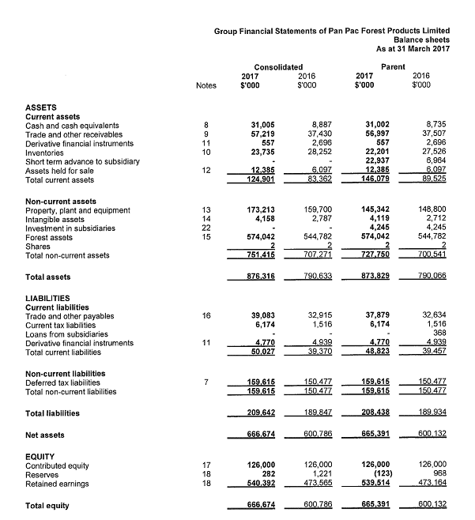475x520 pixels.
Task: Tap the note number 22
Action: click(205, 228)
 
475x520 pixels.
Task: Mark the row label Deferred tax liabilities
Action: click(65, 382)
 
